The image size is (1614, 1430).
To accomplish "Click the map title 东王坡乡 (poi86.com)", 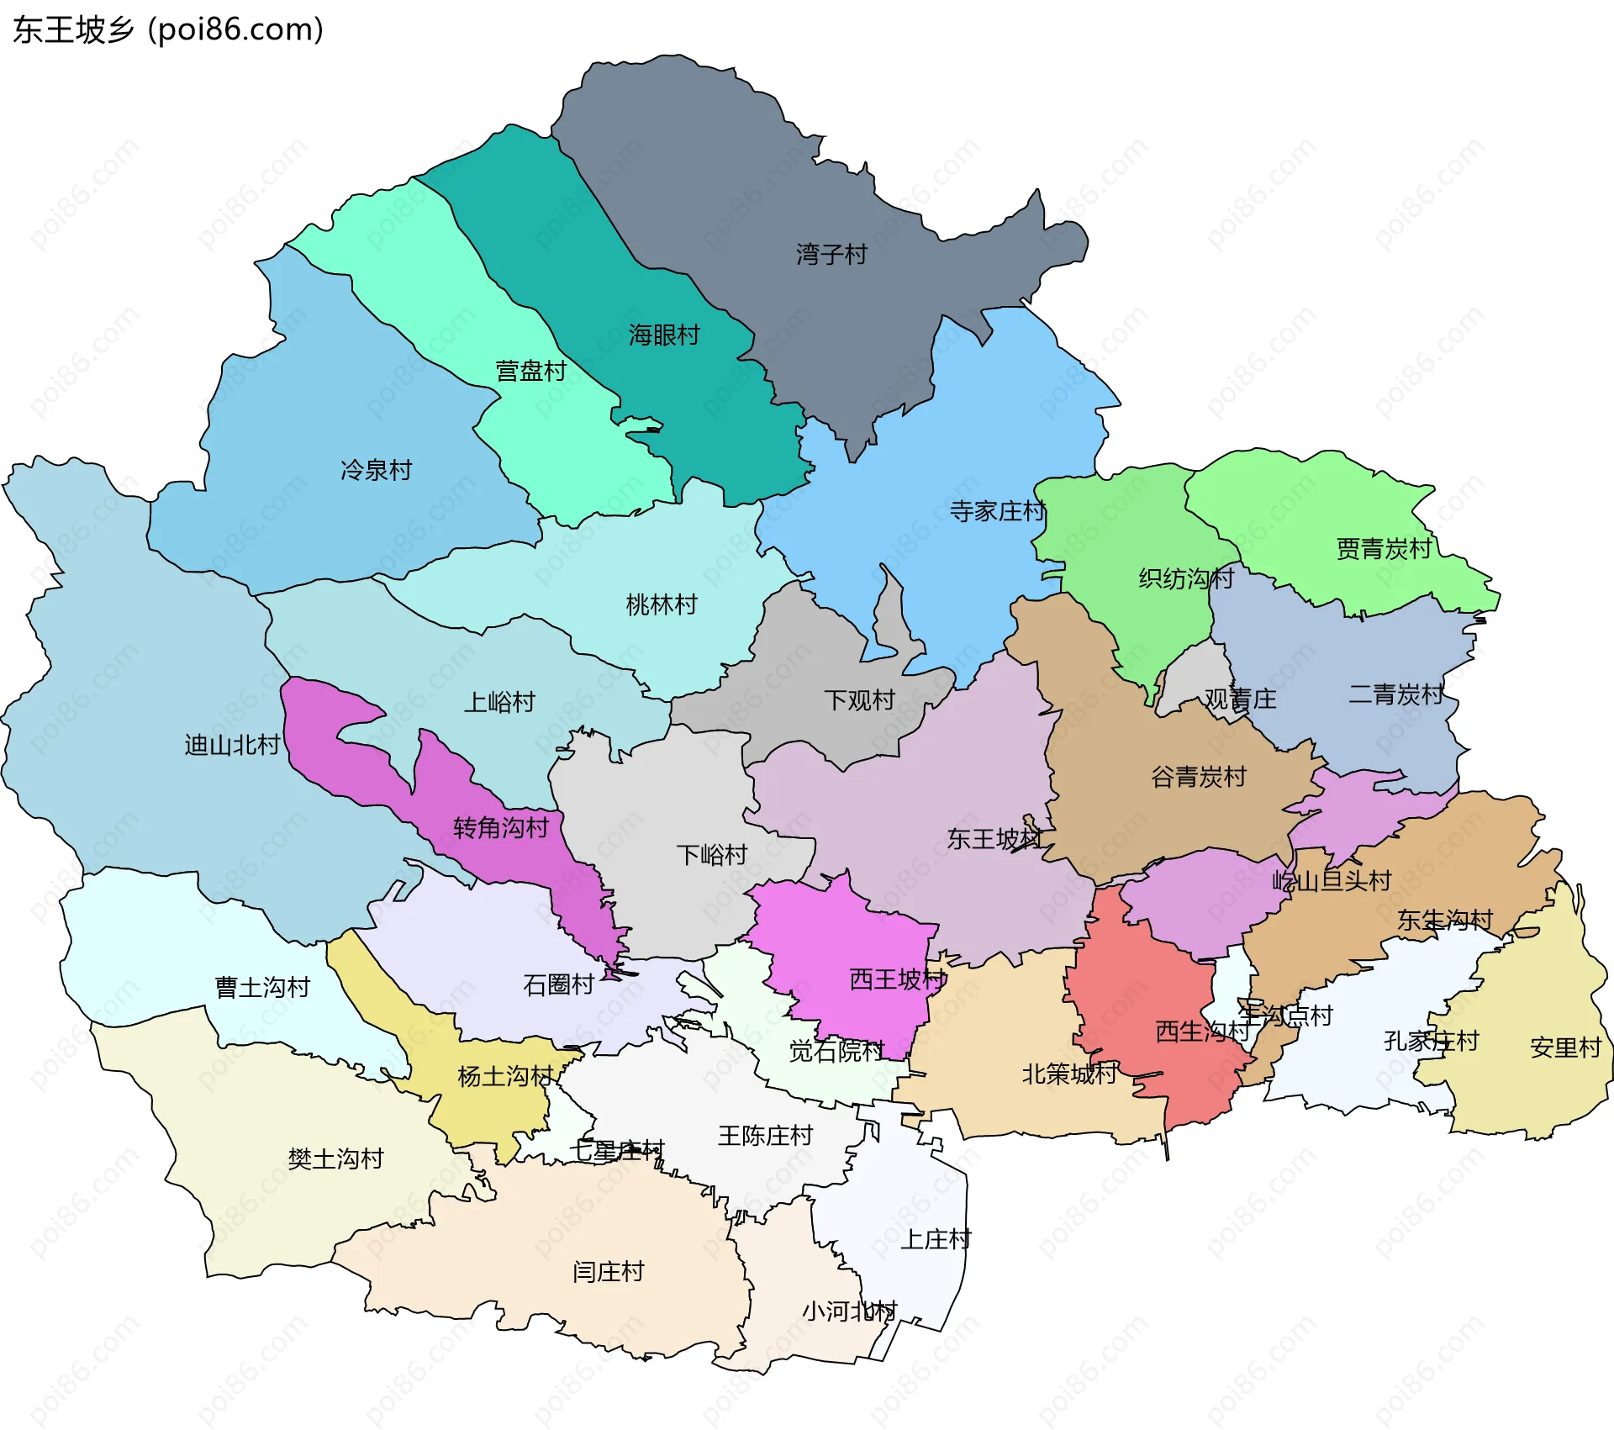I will click(x=168, y=30).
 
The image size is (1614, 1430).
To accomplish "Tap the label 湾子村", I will click(x=831, y=254).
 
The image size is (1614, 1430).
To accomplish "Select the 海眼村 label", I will click(x=664, y=335).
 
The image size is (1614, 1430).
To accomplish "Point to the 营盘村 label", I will click(x=530, y=371).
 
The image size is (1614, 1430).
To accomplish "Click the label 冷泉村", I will click(x=376, y=470).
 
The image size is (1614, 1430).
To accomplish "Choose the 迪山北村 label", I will click(x=232, y=745).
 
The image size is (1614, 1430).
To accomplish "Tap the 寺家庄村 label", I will click(x=997, y=511).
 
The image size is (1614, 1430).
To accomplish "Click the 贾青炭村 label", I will click(x=1384, y=549).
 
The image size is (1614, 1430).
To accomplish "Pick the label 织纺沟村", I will click(x=1185, y=578).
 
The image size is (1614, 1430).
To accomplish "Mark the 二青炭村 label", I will click(x=1395, y=694).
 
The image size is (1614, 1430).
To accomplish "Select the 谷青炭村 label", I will click(x=1198, y=777).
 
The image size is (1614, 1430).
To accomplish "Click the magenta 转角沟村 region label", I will click(x=500, y=828).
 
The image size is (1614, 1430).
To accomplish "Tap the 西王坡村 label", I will click(x=897, y=979).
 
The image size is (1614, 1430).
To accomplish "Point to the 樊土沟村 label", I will click(x=335, y=1159).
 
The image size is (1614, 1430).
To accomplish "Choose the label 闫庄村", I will click(x=608, y=1272).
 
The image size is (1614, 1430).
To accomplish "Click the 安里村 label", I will click(x=1565, y=1047).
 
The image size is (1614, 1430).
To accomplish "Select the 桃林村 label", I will click(x=662, y=604).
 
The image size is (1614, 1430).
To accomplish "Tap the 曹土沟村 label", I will click(x=262, y=987).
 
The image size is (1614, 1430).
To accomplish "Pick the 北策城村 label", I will click(x=1069, y=1074).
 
